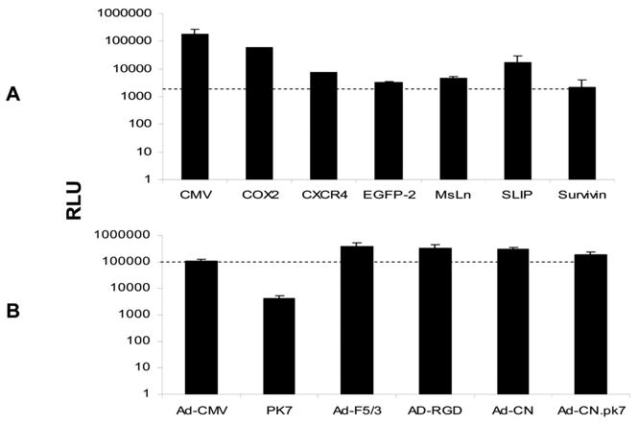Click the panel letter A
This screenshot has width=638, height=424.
pyautogui.click(x=12, y=93)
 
